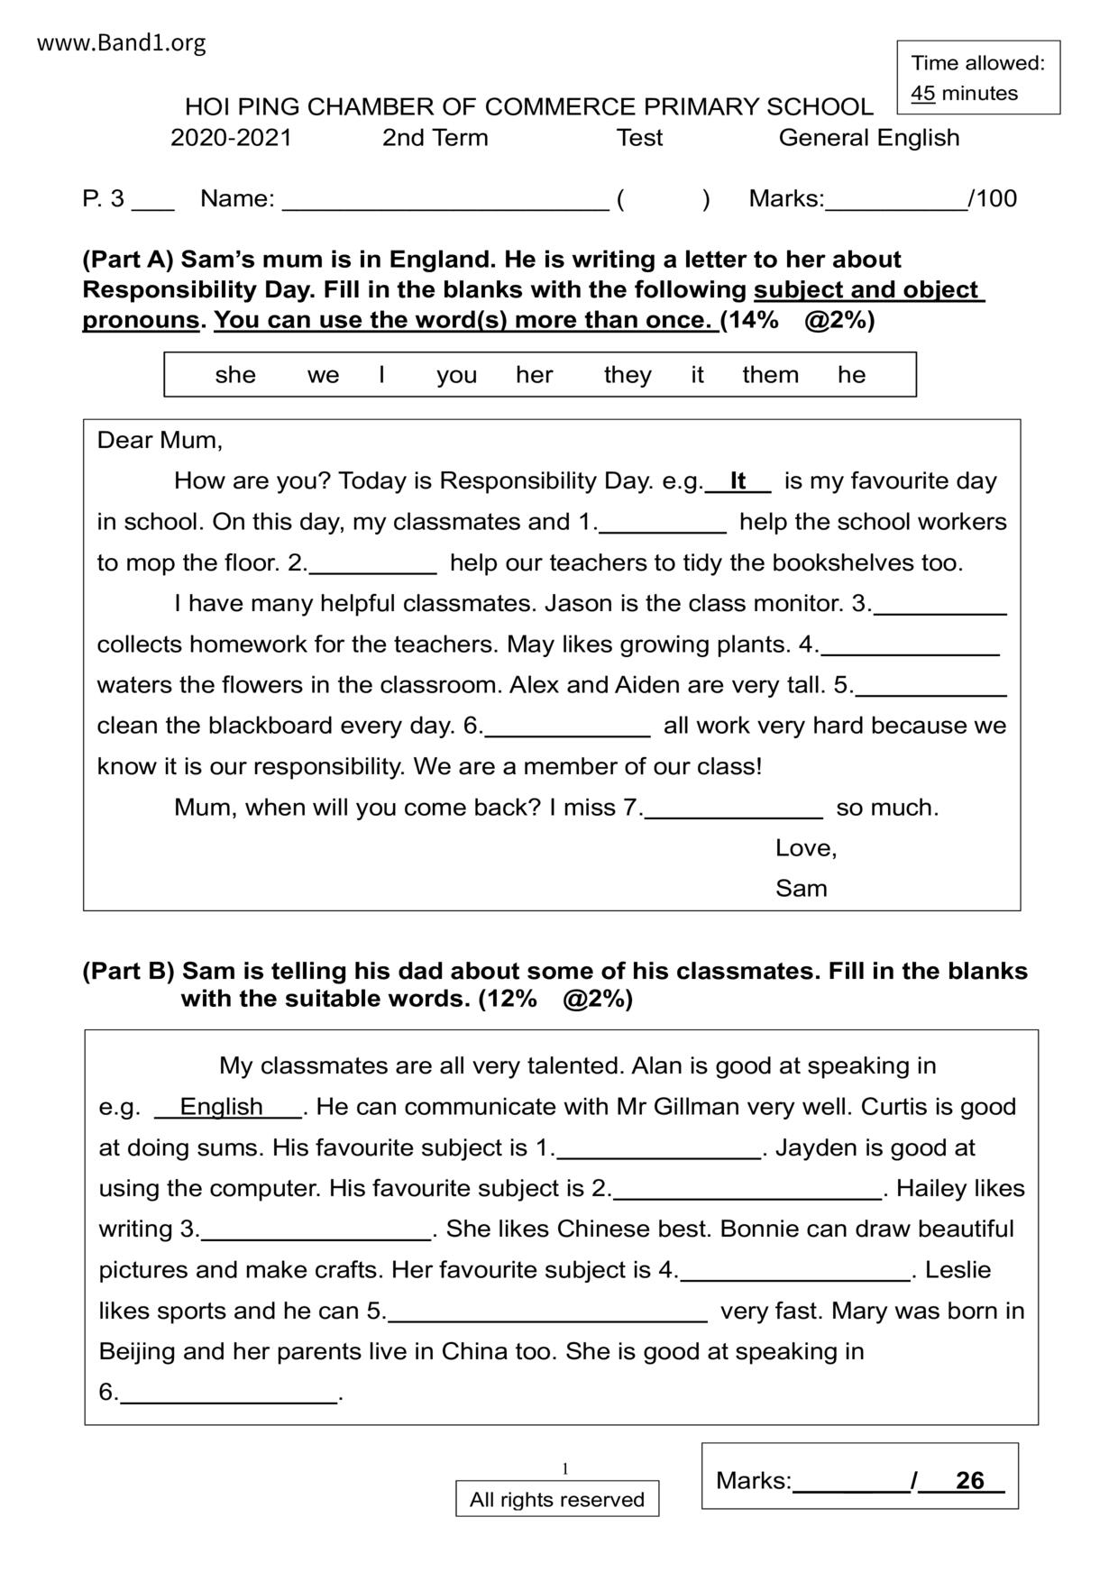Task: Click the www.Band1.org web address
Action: [122, 43]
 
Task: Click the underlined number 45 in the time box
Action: [922, 94]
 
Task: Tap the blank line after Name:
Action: [445, 200]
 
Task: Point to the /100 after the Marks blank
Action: [994, 199]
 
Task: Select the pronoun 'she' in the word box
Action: [235, 375]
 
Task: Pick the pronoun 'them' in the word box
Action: [770, 375]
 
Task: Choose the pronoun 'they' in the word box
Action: [628, 375]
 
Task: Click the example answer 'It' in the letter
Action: [738, 481]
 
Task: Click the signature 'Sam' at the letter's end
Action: [801, 889]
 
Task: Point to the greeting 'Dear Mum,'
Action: [160, 441]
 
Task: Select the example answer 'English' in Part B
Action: [222, 1107]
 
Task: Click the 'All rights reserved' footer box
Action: [556, 1500]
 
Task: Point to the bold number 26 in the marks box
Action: [969, 1481]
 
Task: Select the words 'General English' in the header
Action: [868, 138]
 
